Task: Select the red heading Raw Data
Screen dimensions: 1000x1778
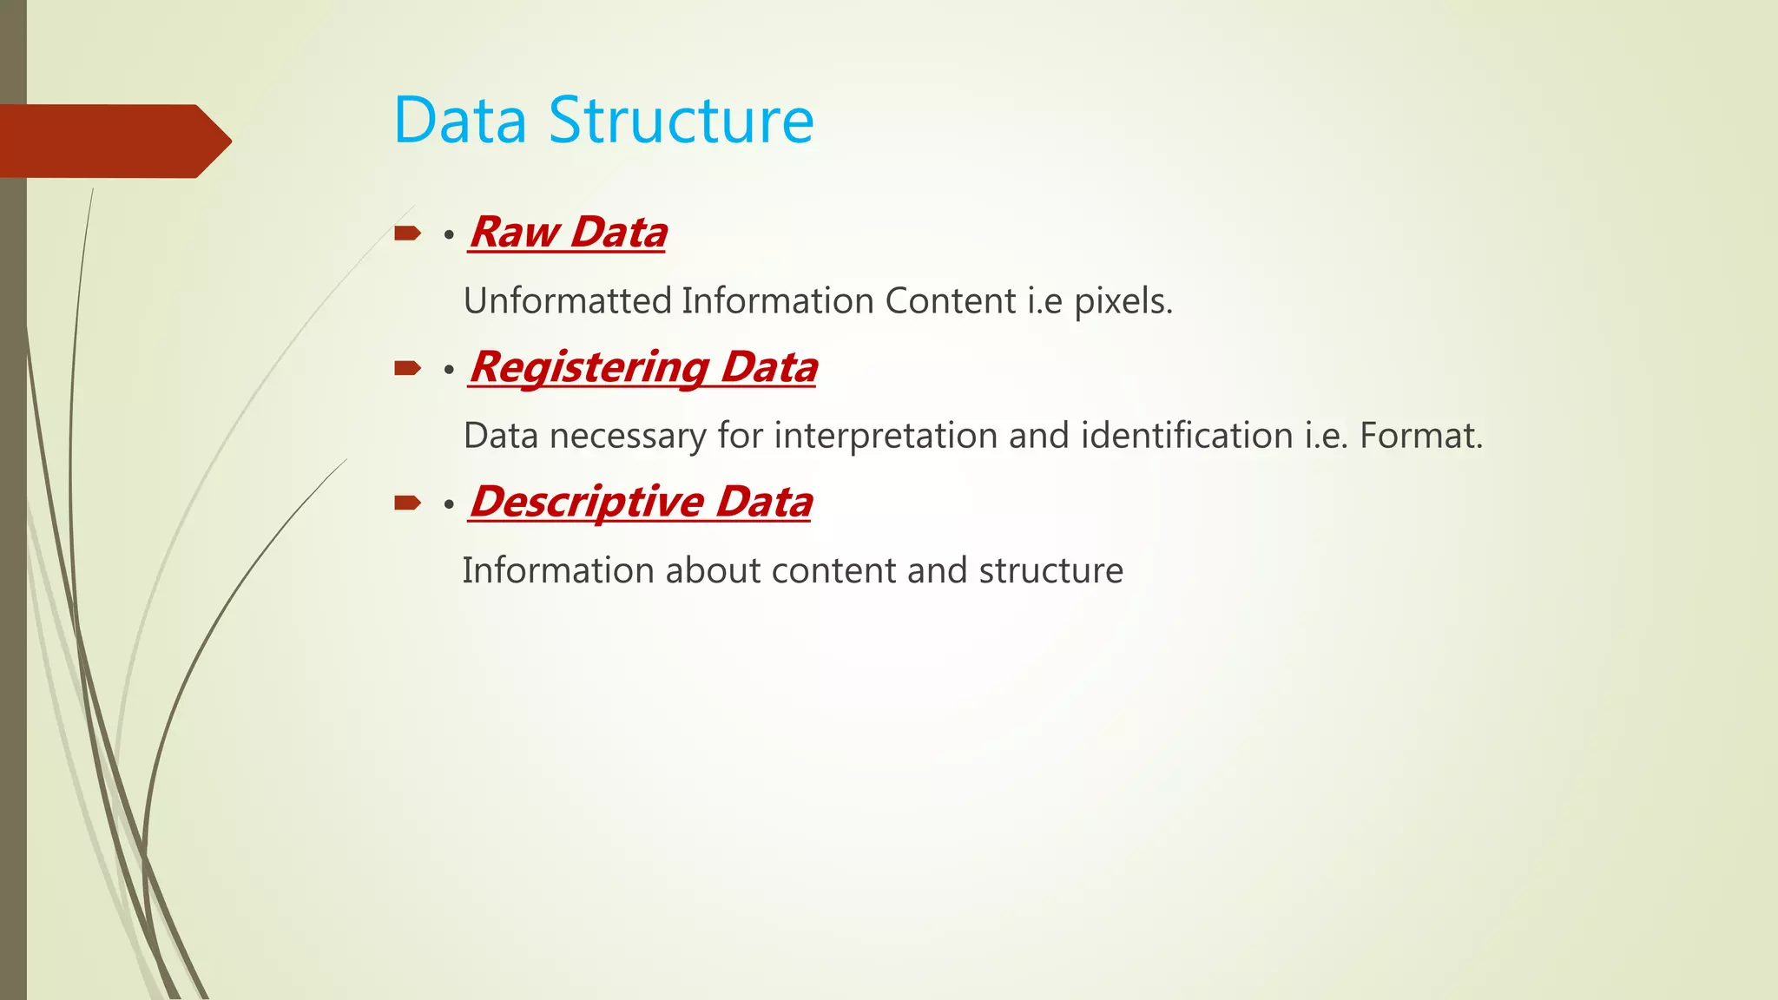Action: coord(568,233)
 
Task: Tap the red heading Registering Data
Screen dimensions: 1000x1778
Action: coord(642,367)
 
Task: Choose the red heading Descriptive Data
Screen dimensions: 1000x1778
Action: coord(641,502)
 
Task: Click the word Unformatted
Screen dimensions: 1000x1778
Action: coord(568,301)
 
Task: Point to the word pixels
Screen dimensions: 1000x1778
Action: coord(1123,302)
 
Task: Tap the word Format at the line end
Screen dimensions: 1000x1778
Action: coord(1420,436)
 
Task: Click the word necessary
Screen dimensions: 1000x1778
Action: coord(628,436)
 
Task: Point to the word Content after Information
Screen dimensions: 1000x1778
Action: coord(951,301)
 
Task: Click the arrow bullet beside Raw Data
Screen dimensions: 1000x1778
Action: coord(407,234)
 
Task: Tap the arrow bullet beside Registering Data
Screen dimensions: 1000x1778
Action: coord(407,369)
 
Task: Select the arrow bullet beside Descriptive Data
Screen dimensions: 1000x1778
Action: coord(407,503)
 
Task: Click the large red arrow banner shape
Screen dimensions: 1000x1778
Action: coord(113,141)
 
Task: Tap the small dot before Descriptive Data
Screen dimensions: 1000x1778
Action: coord(449,504)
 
